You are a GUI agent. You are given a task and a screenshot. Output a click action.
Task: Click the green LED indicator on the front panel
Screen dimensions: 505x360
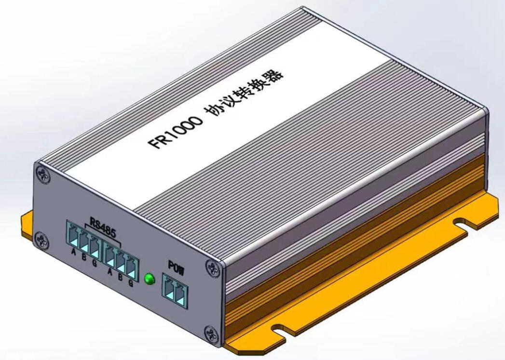click(x=150, y=279)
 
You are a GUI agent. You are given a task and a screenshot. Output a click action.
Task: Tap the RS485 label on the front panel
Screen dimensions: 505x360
click(x=102, y=228)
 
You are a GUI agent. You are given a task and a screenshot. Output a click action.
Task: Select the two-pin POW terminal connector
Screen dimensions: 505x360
click(x=175, y=291)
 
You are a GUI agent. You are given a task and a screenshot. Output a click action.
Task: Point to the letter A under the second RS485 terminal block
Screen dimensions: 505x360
click(x=110, y=271)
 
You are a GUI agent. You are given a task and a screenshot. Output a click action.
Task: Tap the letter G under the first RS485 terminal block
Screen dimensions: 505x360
click(x=95, y=263)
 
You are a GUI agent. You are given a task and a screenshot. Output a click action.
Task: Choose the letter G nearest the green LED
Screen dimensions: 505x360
click(x=131, y=283)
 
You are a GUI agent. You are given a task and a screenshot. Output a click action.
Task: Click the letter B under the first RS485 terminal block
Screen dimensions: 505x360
click(x=84, y=257)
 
